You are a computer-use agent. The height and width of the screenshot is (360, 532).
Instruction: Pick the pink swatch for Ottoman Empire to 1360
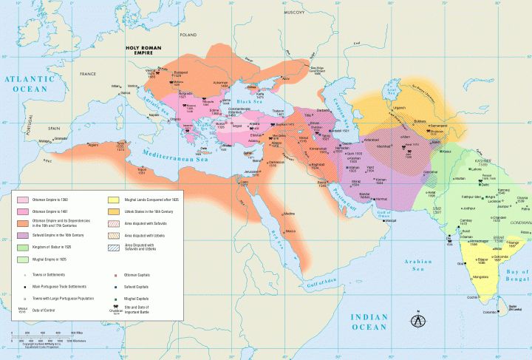(x=22, y=200)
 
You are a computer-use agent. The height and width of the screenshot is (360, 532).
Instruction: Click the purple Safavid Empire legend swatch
(x=22, y=234)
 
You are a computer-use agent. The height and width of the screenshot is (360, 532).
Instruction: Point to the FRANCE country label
(x=89, y=73)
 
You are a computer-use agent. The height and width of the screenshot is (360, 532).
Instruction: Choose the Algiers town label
(x=93, y=145)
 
